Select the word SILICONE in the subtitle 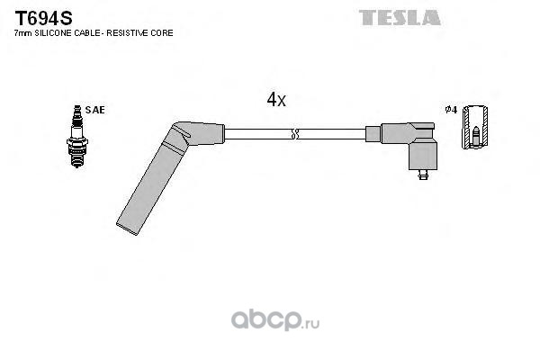[53, 33]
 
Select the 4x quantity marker [276, 101]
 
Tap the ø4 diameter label [452, 110]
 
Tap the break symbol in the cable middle [295, 135]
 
